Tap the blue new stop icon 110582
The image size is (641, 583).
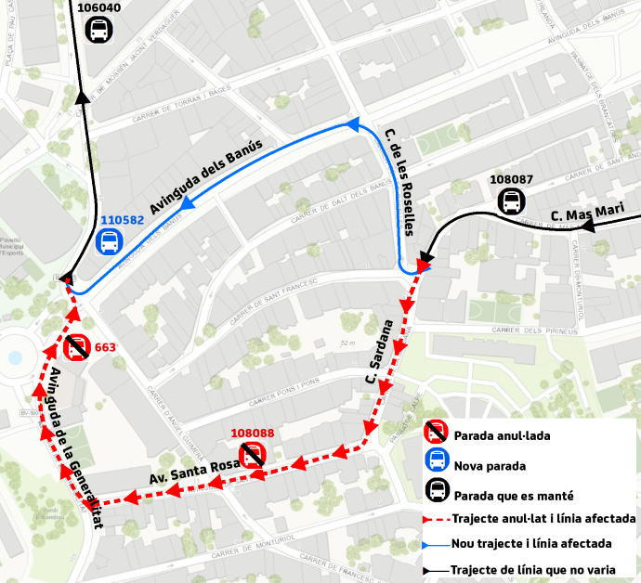110,241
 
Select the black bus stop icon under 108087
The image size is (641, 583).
511,200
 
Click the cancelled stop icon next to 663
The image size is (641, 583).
76,348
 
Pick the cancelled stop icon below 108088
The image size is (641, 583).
253,454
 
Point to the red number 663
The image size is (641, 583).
105,348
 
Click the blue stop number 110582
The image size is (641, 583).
122,221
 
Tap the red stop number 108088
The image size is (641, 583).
252,433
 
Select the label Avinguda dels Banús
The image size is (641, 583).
207,176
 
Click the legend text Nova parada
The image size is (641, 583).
491,465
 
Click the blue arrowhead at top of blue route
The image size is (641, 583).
352,123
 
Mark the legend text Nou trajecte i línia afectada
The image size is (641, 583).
530,544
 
